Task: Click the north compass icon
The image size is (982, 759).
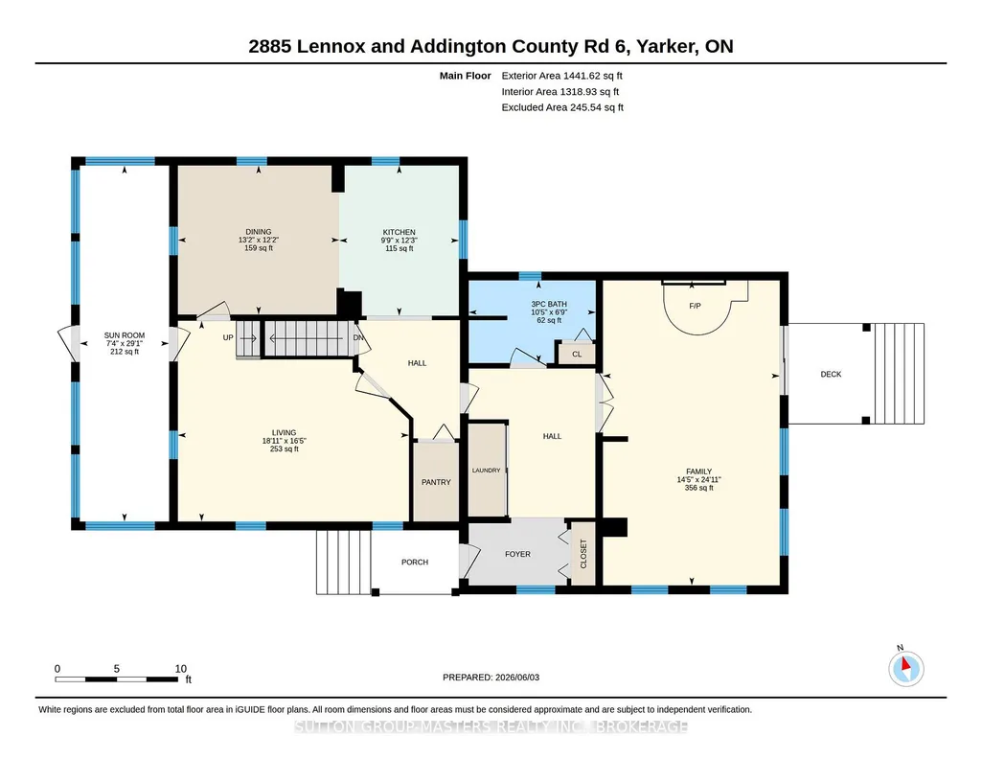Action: [x=905, y=668]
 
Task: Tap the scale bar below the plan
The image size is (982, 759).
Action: [x=117, y=678]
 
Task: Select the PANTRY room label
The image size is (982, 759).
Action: [x=436, y=482]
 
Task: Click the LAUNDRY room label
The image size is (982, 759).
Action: [x=487, y=471]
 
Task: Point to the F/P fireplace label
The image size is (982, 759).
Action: [x=695, y=307]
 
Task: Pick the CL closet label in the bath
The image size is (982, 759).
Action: [x=577, y=355]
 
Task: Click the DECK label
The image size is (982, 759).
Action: [x=831, y=375]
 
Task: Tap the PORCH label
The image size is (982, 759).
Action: [x=415, y=563]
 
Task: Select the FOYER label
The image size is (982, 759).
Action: [x=517, y=554]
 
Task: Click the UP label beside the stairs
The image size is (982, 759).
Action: [x=228, y=338]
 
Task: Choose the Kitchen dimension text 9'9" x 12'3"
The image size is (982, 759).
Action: [x=399, y=241]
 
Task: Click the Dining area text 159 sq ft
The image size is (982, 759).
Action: [x=259, y=248]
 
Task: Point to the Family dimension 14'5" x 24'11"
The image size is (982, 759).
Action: [x=699, y=480]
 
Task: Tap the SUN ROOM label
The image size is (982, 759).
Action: [x=124, y=335]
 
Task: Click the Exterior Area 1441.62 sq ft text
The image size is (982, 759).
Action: [x=561, y=76]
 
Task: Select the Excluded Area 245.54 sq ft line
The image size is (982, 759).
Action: [x=562, y=107]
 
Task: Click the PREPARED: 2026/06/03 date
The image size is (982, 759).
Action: [x=491, y=677]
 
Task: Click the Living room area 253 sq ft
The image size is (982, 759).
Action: [x=284, y=449]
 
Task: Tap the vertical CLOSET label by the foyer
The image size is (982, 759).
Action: [x=583, y=554]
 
